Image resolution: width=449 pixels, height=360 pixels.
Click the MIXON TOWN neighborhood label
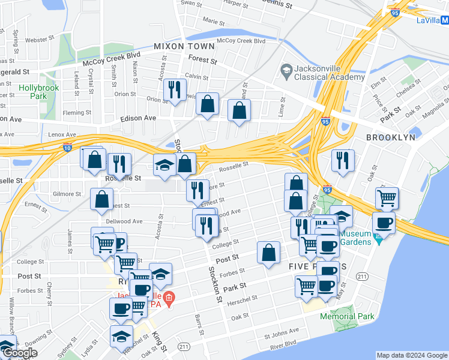[x=184, y=46]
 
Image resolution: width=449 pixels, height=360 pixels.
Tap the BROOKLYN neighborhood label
[x=391, y=137]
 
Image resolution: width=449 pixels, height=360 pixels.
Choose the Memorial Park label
[x=347, y=316]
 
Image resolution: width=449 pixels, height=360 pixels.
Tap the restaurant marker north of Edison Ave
[x=175, y=90]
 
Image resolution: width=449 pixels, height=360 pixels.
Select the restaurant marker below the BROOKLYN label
[x=343, y=160]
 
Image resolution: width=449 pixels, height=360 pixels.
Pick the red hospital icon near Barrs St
[x=169, y=297]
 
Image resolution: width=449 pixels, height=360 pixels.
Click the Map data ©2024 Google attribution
[x=411, y=355]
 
